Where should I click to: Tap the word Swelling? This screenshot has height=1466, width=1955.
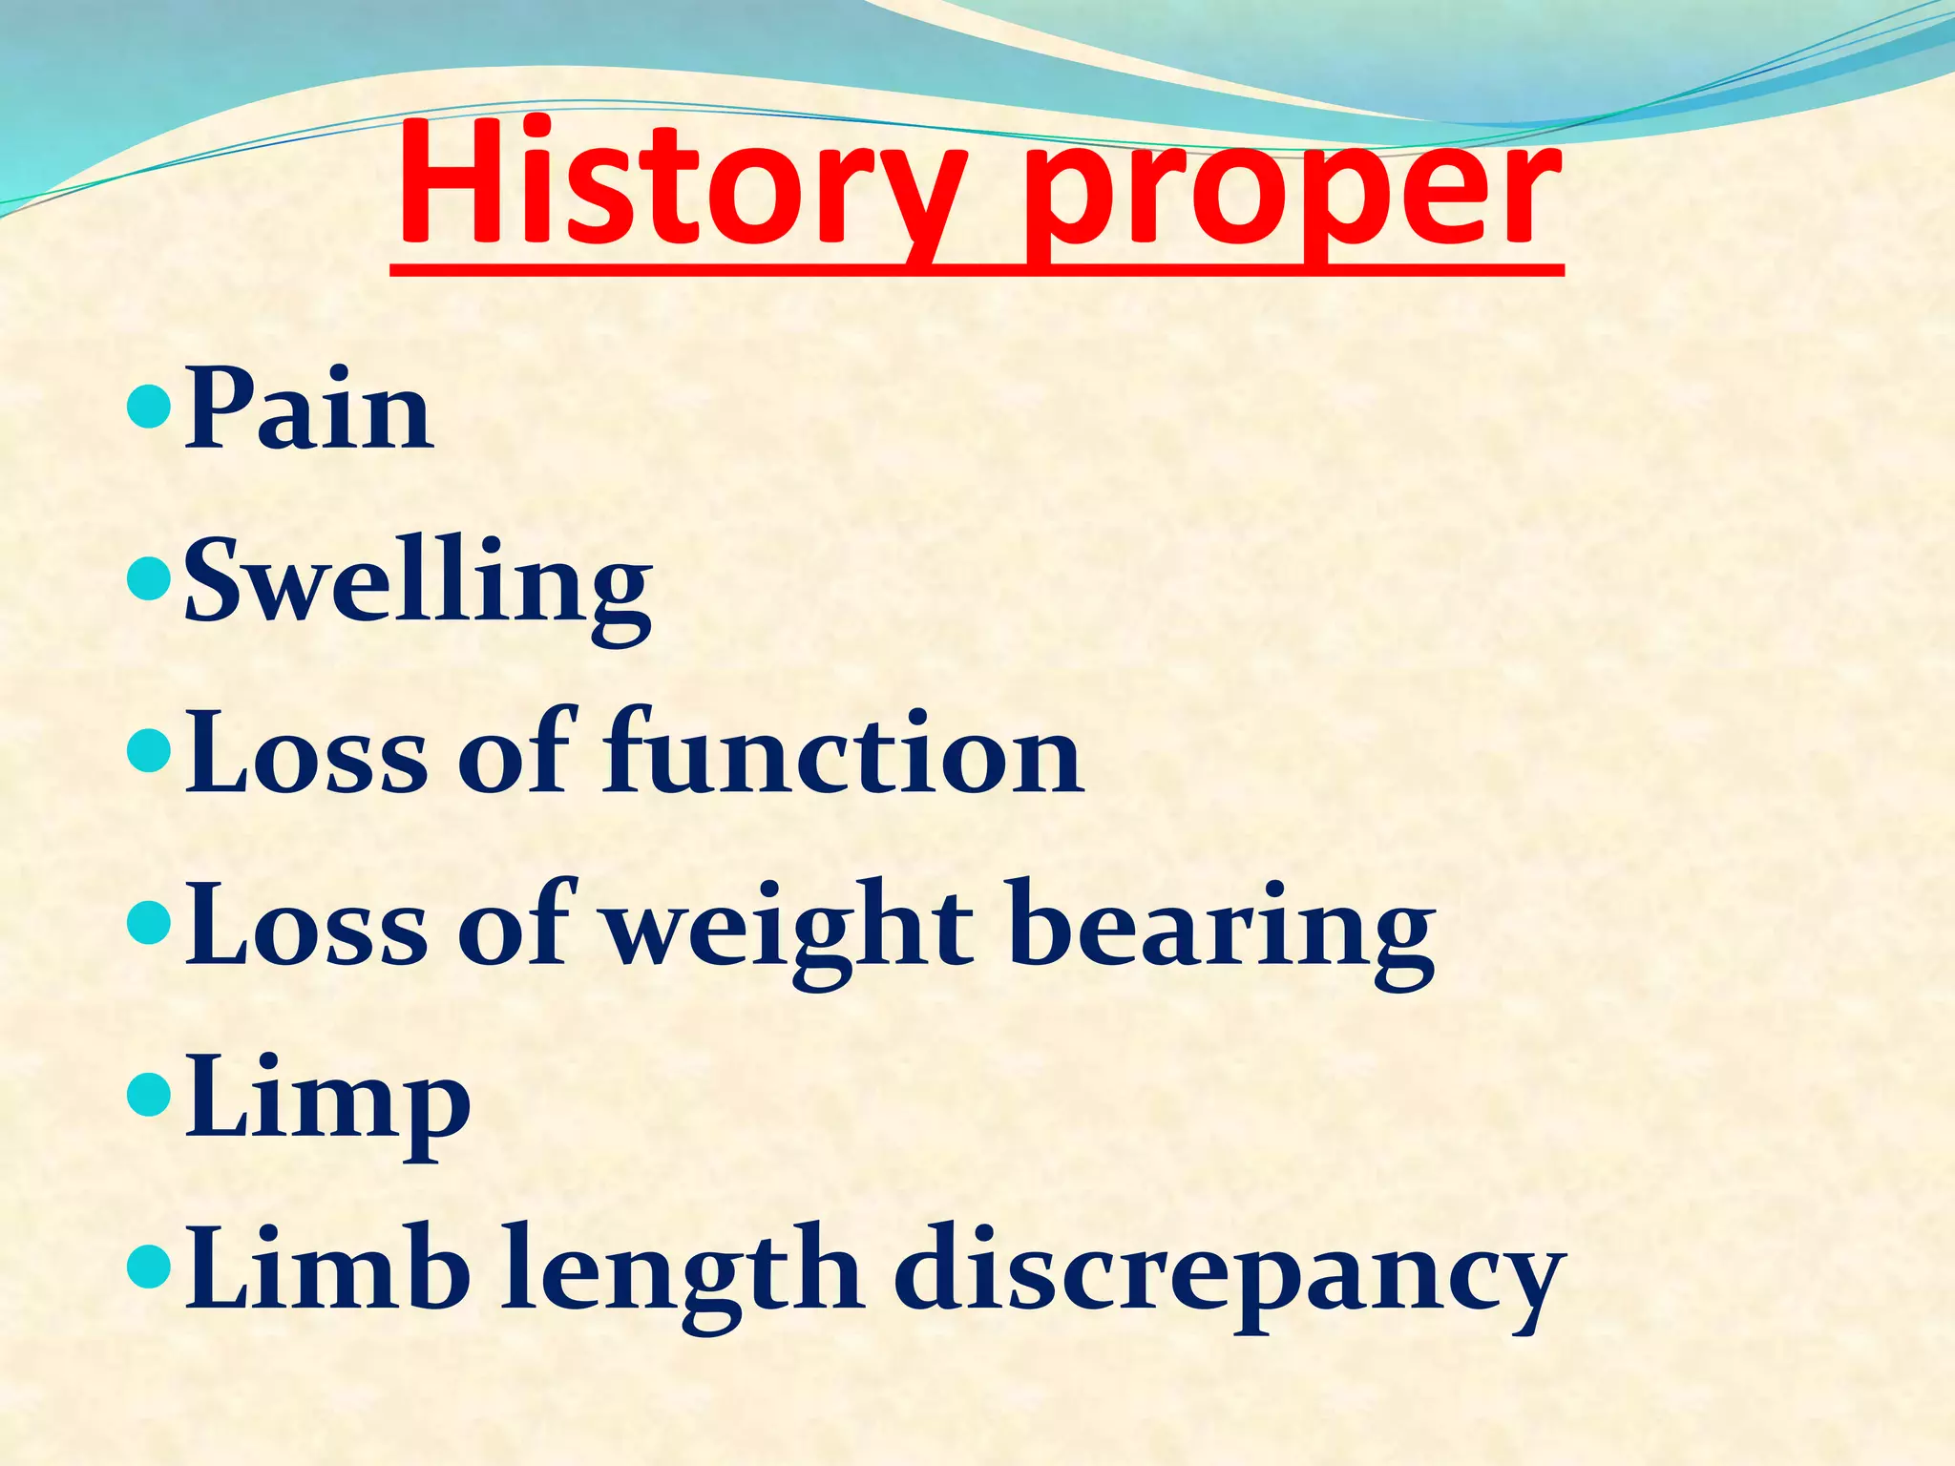417,582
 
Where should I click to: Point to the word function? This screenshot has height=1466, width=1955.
842,754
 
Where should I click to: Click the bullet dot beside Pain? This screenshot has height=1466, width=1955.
148,408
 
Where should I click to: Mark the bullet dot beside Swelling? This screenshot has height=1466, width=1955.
148,579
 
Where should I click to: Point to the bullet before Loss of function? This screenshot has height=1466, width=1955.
148,751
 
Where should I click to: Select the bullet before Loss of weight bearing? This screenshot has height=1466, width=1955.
148,923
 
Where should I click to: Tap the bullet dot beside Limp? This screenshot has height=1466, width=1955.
148,1095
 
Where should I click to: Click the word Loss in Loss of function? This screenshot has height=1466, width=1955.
306,754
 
